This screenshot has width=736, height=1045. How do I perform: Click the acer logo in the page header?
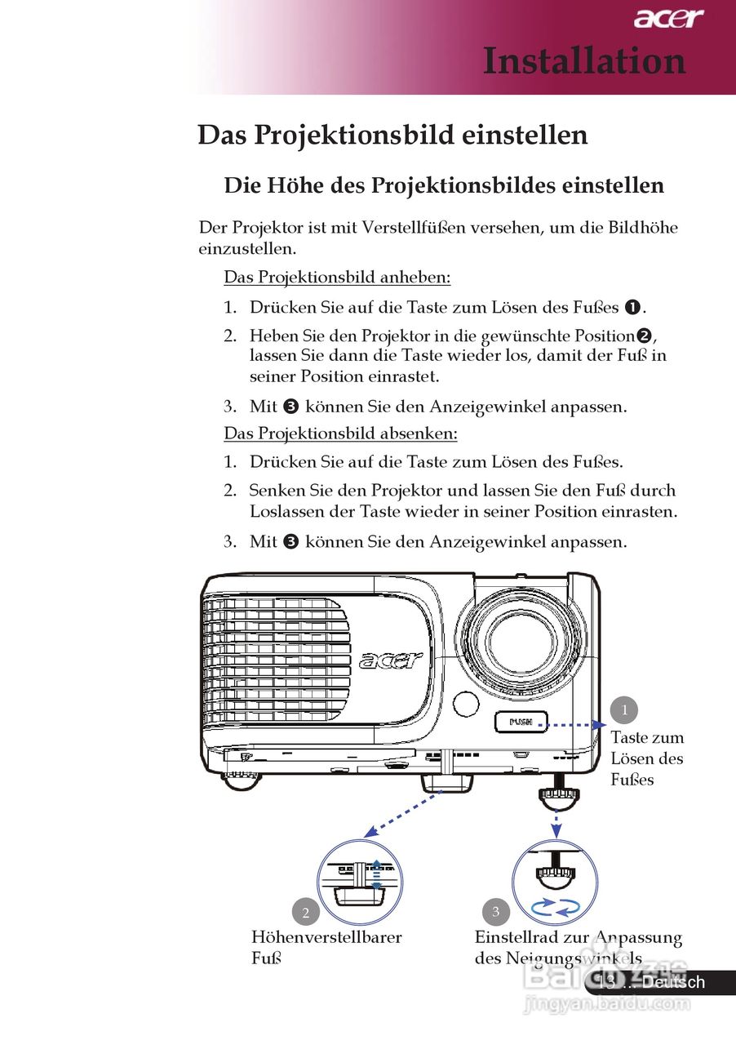coord(668,18)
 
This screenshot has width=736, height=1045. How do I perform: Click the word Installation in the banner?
coord(584,61)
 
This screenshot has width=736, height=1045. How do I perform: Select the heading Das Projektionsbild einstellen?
coord(392,135)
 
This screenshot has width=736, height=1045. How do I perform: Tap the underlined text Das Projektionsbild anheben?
coord(337,278)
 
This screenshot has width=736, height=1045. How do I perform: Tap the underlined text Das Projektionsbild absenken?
coord(340,433)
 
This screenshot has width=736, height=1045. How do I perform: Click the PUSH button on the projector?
coord(520,722)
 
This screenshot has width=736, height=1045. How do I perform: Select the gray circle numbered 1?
coord(624,709)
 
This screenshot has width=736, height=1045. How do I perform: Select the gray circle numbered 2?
coord(305,912)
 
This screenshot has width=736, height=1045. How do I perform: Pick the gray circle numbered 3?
coord(495,911)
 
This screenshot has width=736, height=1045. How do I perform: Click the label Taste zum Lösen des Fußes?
coord(647,758)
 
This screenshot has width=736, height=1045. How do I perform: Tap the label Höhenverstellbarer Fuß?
coord(326,947)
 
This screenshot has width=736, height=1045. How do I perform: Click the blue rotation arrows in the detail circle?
coord(555,906)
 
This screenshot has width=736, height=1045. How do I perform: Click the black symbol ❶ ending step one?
coord(632,308)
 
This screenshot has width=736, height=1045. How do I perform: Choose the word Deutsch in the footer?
coord(672,982)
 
